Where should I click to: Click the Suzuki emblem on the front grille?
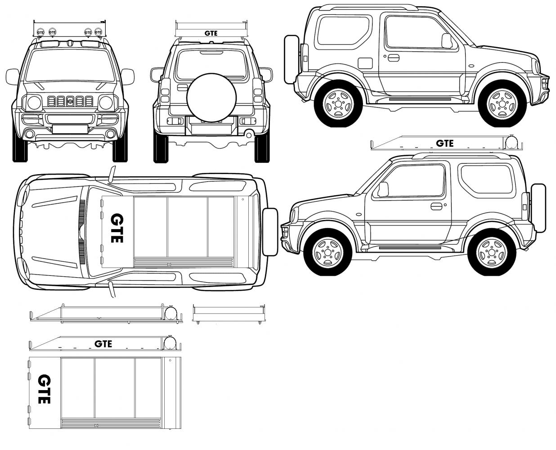[x=70, y=101]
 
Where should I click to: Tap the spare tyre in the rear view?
[x=211, y=98]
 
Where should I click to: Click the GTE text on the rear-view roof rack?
[x=211, y=33]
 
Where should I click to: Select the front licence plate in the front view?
[x=70, y=129]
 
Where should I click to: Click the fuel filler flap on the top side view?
[x=365, y=63]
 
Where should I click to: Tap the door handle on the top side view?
[x=393, y=58]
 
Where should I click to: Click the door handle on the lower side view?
[x=436, y=207]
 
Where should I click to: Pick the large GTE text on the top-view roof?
[x=117, y=228]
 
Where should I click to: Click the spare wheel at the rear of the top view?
[x=270, y=232]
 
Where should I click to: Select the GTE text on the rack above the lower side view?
[x=444, y=144]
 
